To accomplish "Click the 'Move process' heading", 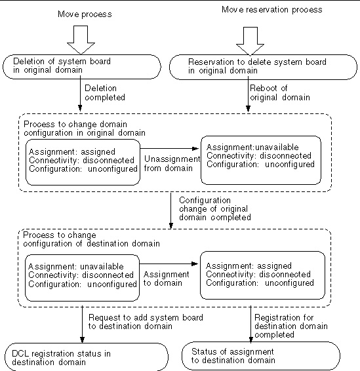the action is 85,14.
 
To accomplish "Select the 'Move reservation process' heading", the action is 272,10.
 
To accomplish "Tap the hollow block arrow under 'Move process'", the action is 81,40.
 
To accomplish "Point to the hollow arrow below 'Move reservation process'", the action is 250,41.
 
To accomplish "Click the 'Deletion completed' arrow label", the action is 105,93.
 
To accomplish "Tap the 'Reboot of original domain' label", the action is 280,93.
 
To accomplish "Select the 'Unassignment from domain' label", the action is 172,163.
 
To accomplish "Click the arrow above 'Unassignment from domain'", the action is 169,149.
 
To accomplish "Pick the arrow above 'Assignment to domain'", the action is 169,264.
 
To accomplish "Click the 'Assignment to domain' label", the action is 166,279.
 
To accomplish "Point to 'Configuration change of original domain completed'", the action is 215,209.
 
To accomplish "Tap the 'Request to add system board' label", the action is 146,322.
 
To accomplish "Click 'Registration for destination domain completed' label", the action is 291,326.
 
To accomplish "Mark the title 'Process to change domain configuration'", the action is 85,128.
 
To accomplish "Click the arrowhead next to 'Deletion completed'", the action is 80,107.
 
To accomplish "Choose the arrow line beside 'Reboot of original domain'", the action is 248,94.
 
